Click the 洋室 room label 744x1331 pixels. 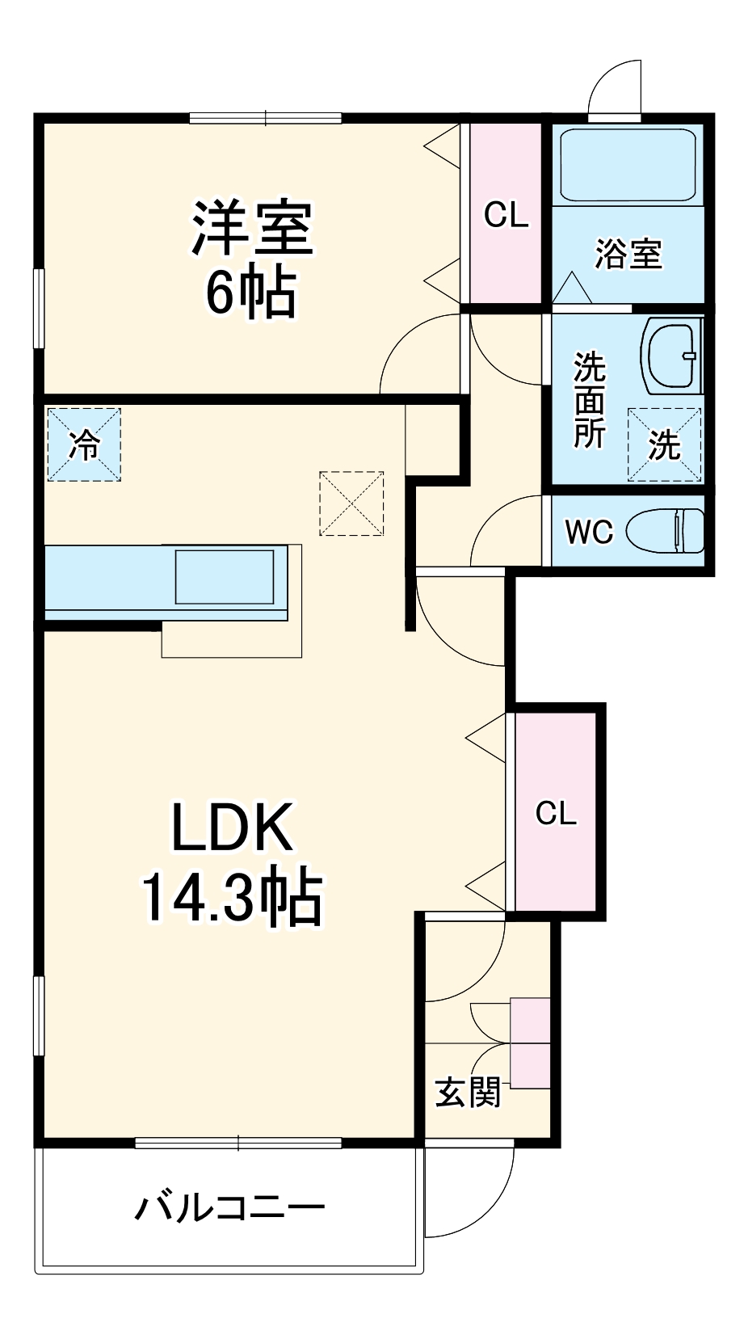(252, 230)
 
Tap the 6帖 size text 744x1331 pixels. (250, 292)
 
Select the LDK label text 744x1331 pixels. (232, 827)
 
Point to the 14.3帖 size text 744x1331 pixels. (232, 896)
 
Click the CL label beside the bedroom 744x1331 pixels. (506, 215)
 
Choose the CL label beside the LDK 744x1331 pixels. (556, 812)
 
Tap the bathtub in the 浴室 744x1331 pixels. (628, 165)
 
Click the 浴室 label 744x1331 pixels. (628, 254)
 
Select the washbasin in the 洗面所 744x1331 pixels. (670, 356)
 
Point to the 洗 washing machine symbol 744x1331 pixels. (664, 445)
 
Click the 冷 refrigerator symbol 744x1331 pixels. (84, 445)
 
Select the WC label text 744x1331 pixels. (589, 532)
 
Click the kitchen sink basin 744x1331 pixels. (225, 576)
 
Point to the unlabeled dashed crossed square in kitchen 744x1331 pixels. (351, 503)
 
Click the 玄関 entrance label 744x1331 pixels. (468, 1093)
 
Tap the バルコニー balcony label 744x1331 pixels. (229, 1208)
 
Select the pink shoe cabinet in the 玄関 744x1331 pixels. (530, 1043)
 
